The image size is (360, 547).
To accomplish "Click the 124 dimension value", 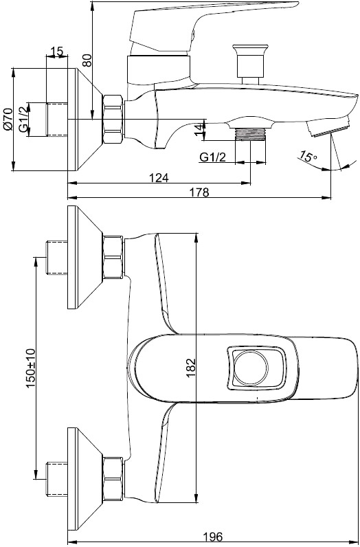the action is pos(159,177).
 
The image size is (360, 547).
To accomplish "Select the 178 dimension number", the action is pos(199,192).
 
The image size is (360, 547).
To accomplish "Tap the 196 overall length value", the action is pos(212,537).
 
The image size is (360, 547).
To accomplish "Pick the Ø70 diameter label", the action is pos(8,120).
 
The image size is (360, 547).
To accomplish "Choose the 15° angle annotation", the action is pos(308,156).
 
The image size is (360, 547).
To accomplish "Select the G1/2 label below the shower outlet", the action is pos(213,157).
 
